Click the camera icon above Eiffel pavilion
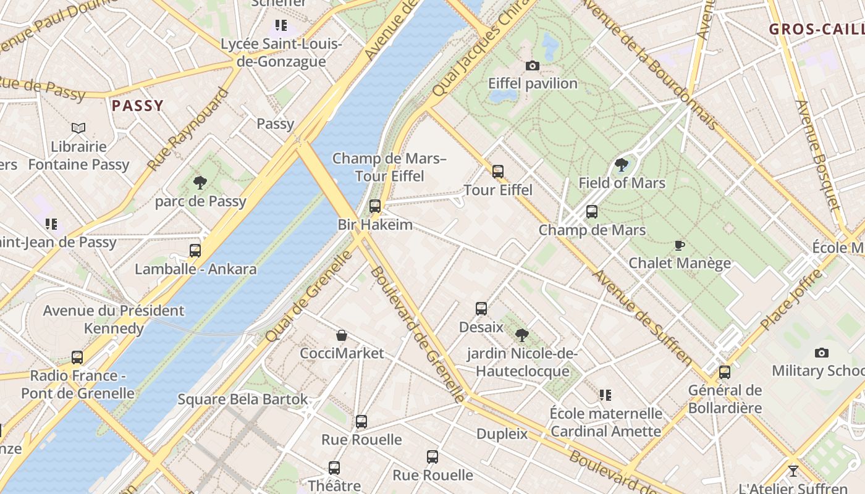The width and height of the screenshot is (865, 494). click(532, 65)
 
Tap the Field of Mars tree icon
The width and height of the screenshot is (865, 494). click(622, 165)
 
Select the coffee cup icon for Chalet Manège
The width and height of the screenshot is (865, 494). click(680, 245)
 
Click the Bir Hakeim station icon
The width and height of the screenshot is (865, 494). click(375, 206)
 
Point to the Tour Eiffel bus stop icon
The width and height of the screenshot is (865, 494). click(498, 172)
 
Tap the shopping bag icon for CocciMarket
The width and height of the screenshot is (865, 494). click(342, 335)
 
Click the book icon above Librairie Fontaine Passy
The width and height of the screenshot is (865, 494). click(78, 128)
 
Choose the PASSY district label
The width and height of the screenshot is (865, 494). click(138, 106)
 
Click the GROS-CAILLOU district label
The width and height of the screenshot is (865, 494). click(816, 29)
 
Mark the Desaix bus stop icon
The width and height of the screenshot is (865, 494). click(481, 309)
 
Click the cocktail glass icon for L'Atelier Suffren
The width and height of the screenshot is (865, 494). click(793, 471)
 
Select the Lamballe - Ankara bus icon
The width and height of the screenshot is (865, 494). click(195, 251)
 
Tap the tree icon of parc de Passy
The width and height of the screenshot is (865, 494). click(200, 183)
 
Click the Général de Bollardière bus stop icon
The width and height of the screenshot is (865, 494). click(725, 372)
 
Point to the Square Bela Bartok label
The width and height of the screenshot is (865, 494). click(243, 399)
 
